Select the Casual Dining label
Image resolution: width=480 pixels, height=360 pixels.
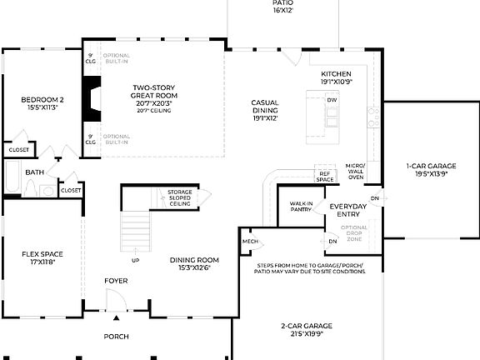tap(264, 110)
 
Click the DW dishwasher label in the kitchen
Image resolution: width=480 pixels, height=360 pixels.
tap(332, 100)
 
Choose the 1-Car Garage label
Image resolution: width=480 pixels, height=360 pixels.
tap(426, 171)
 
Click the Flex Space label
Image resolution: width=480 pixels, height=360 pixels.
tap(42, 257)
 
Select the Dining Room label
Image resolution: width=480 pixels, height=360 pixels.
tap(194, 263)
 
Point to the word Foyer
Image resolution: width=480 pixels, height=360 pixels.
tap(116, 281)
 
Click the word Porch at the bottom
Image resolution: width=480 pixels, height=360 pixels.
tap(116, 337)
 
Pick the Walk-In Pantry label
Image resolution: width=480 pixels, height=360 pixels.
tap(301, 207)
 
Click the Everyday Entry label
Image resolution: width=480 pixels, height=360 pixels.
tap(349, 210)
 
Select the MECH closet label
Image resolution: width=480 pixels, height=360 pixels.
tap(249, 242)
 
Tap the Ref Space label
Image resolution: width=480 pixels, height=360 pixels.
tap(324, 177)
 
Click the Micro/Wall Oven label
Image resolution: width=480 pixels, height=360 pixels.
tap(356, 172)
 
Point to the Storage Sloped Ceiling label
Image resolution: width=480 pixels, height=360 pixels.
tap(180, 198)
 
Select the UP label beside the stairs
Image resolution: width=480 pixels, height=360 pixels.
tap(135, 260)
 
